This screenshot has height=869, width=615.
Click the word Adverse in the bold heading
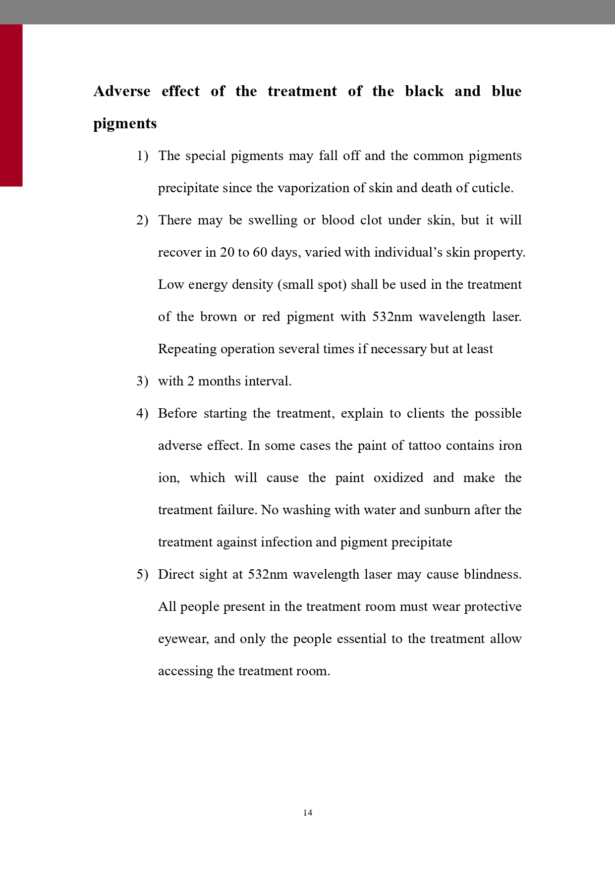click(x=122, y=91)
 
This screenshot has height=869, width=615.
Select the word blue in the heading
click(x=506, y=91)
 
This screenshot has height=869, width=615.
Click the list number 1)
click(x=142, y=156)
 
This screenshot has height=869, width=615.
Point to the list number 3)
click(x=142, y=381)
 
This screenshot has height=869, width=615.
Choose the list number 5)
click(x=142, y=575)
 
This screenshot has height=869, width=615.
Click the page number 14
click(x=308, y=813)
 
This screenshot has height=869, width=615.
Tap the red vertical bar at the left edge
click(x=11, y=105)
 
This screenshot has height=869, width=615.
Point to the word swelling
click(x=273, y=220)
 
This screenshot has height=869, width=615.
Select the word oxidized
click(x=398, y=478)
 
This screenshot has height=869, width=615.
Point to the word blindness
click(x=493, y=575)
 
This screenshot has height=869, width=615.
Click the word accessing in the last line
click(x=185, y=671)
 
